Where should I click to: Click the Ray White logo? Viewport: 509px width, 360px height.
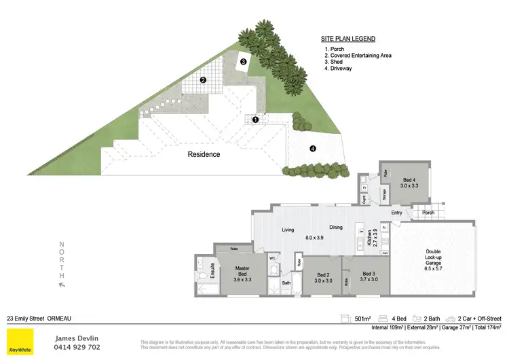coord(19,342)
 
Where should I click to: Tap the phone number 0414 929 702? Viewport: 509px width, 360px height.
coord(77,347)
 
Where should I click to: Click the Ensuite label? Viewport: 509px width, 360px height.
coord(212,270)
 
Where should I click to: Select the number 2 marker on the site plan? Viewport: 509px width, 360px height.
coord(202,80)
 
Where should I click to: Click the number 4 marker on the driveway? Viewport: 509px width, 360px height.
coord(312,148)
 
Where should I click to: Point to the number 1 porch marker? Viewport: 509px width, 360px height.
coord(255,120)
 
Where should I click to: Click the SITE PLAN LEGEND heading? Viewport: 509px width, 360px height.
coord(348,39)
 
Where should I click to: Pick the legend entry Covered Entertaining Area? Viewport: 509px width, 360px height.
coord(360,56)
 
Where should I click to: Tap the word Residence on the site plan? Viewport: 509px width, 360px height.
coord(204,154)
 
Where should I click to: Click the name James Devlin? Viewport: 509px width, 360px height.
coord(77,337)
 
